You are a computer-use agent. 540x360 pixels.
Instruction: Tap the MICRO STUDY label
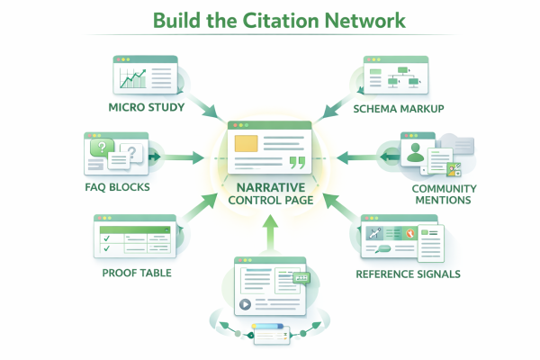tap(147, 108)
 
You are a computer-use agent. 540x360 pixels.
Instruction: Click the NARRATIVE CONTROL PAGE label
tap(271, 193)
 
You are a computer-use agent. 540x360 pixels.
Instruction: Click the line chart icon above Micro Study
tap(134, 79)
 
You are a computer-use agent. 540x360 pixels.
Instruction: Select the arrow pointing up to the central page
tap(271, 236)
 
